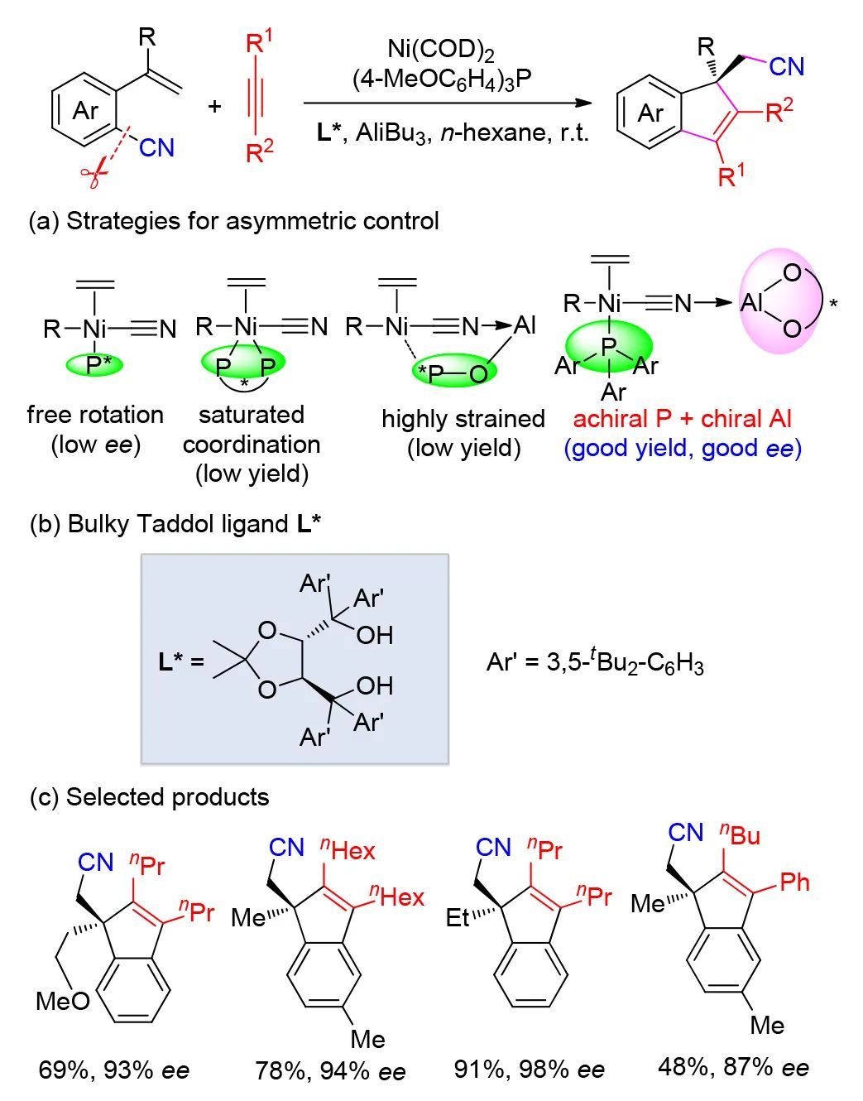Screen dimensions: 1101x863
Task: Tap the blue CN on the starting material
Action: [x=156, y=147]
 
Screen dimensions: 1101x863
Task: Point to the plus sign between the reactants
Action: [x=214, y=106]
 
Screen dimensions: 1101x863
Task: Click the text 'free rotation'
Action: [x=95, y=415]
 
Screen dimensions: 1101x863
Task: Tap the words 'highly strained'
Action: [x=463, y=419]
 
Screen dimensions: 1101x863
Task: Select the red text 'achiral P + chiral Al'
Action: [x=683, y=419]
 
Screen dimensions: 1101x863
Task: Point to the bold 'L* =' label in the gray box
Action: [x=181, y=662]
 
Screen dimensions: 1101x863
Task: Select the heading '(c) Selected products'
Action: [x=149, y=797]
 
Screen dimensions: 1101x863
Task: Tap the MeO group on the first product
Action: [x=63, y=1001]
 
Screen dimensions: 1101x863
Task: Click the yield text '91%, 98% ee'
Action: [x=530, y=1070]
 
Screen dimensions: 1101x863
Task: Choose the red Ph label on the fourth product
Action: [x=794, y=882]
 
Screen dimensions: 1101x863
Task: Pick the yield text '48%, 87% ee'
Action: [x=733, y=1067]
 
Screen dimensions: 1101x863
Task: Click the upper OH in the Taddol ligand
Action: [x=374, y=635]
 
